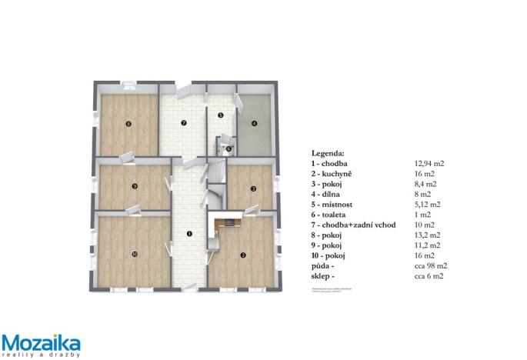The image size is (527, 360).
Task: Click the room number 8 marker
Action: [128, 123]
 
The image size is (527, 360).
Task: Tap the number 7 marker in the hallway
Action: [183, 122]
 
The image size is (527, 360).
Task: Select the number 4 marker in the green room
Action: [252, 122]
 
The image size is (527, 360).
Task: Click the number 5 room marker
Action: [220, 115]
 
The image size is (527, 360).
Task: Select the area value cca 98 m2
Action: [431, 265]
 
